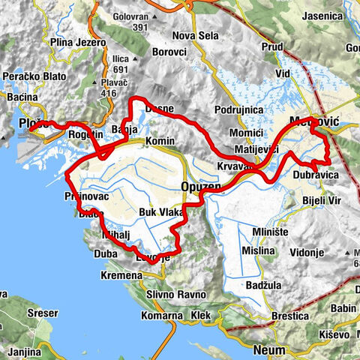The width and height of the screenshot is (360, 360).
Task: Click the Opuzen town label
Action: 199,186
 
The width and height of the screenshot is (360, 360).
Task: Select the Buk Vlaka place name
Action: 161,213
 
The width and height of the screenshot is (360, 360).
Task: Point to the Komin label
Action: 160,141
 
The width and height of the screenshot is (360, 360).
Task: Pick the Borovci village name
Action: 169,53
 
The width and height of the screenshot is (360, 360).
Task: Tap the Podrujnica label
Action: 238,109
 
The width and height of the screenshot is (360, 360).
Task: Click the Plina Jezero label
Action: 79,43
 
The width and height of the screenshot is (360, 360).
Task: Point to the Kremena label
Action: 121,276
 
